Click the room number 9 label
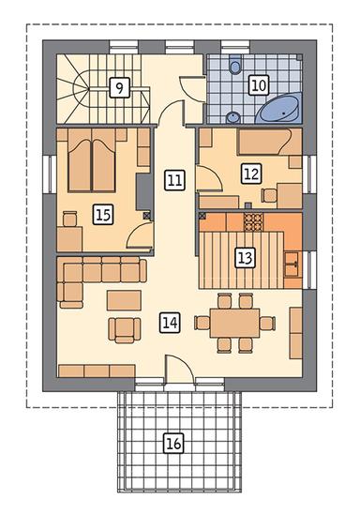coord(120,87)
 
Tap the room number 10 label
coord(259,85)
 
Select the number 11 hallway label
coord(174,180)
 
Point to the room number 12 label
coord(251,174)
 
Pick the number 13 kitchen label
coord(246,257)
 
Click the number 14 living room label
coord(171,323)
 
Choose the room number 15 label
coord(103,215)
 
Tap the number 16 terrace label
coord(173,444)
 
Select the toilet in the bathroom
coord(235,65)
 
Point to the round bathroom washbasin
coord(232,117)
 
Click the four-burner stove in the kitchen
coord(253,222)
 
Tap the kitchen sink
coord(292,265)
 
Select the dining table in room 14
coord(234,323)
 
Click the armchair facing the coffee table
coord(125,330)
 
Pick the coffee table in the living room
coord(124,300)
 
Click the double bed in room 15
coord(92,160)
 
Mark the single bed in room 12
coord(269,142)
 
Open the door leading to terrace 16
coord(179,370)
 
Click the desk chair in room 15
coord(69,219)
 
